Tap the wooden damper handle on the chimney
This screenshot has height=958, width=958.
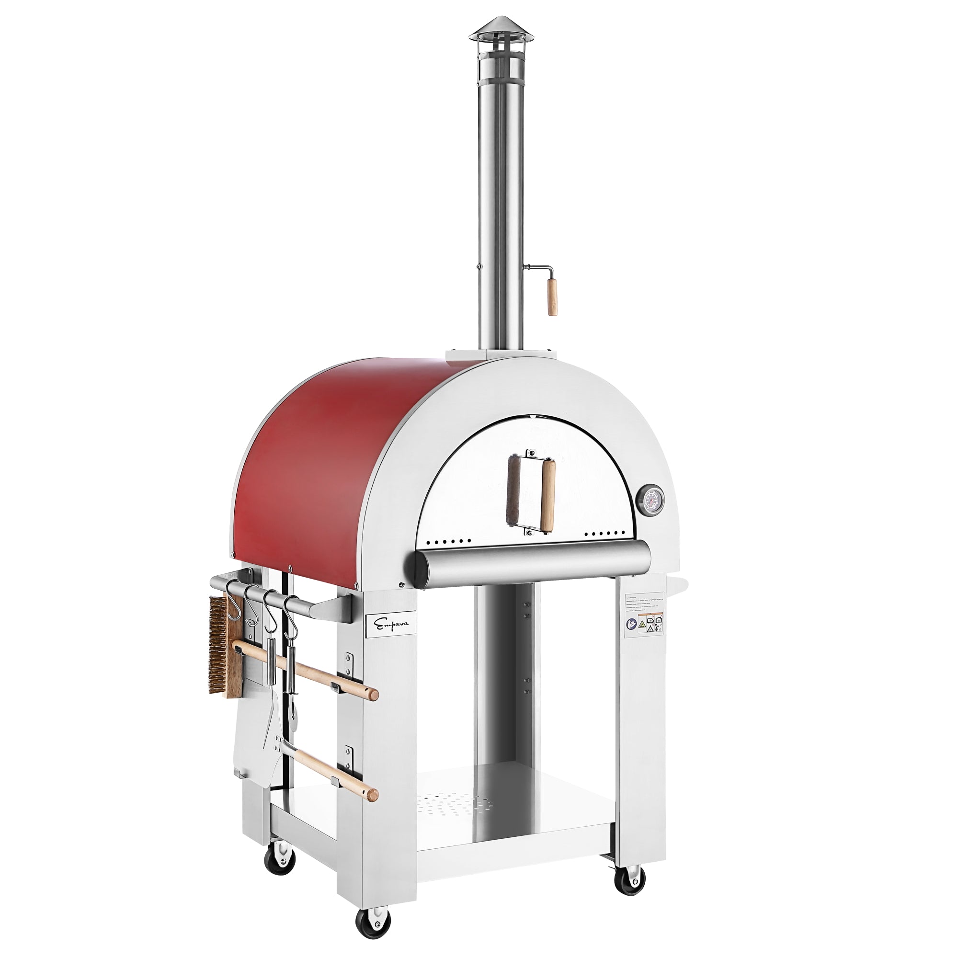coord(552,297)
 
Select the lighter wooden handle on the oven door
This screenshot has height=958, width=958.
coord(548,496)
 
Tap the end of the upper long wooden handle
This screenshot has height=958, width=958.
coord(372,694)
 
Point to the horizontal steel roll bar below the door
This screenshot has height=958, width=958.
coord(531,564)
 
